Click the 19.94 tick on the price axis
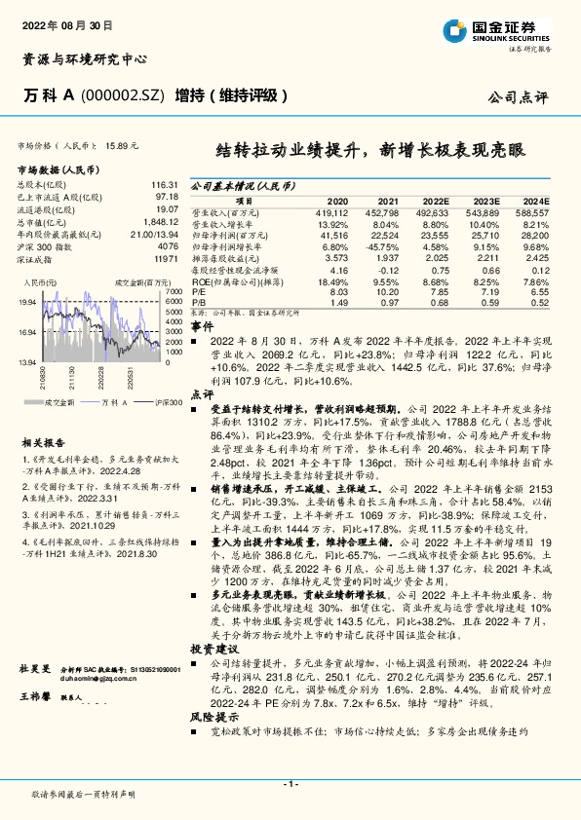point(29,302)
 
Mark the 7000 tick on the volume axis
point(174,291)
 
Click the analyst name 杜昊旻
point(34,670)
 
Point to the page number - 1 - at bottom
point(290,784)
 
